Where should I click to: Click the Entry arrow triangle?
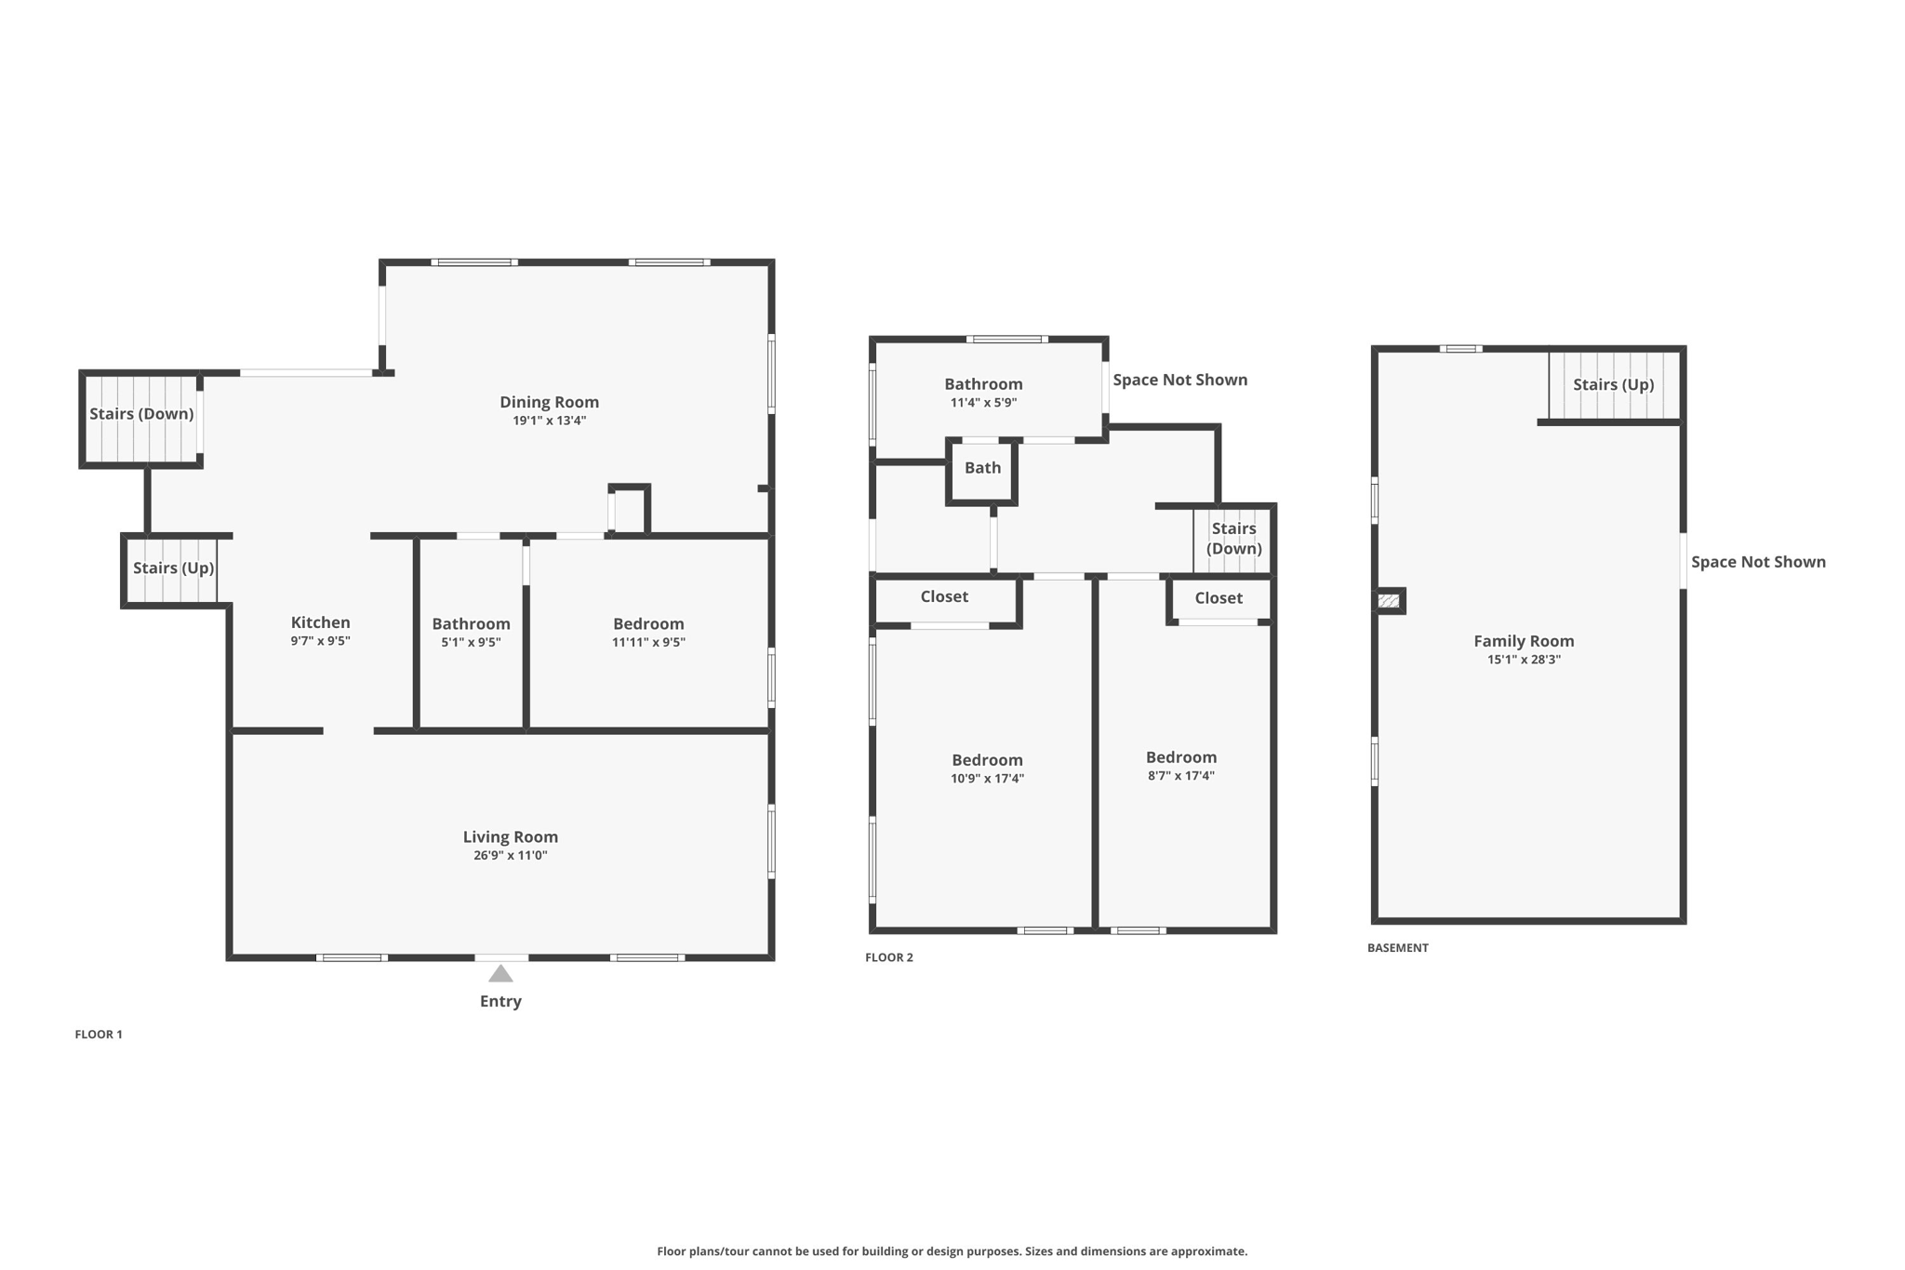[500, 973]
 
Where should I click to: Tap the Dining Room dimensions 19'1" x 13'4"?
[549, 421]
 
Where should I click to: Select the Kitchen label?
[320, 622]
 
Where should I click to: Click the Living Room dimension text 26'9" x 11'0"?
[510, 855]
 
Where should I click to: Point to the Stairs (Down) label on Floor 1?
[141, 413]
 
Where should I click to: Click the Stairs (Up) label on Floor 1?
[173, 568]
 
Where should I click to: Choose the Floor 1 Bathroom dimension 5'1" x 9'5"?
[471, 642]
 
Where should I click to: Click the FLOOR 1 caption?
[99, 1034]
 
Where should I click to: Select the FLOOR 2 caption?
[888, 957]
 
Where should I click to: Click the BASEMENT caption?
[1397, 947]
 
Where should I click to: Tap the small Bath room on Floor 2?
[982, 468]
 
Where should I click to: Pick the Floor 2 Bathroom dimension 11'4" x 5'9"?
[983, 403]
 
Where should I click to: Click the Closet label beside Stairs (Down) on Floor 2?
[1219, 598]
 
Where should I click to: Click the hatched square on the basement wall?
[1389, 601]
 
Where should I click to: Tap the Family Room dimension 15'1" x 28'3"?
[1523, 660]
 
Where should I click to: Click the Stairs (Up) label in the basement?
[1613, 384]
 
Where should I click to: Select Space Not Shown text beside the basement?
[1758, 561]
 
